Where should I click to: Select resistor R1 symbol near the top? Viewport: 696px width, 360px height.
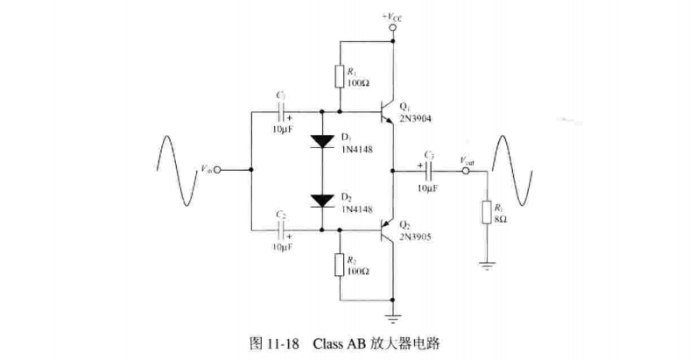tap(340, 76)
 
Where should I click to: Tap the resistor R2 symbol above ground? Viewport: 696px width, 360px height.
tap(340, 264)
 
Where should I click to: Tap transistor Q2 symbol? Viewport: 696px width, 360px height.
tap(386, 230)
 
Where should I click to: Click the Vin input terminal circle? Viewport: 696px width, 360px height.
tap(216, 170)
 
